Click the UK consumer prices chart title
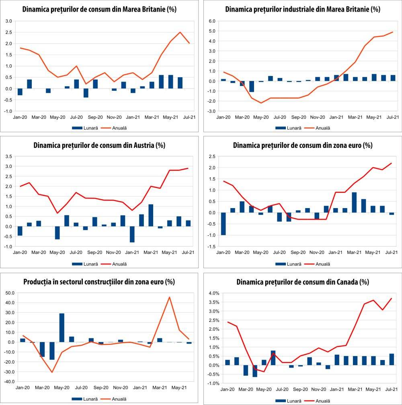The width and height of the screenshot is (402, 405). (99, 9)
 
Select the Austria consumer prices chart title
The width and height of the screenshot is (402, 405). (99, 145)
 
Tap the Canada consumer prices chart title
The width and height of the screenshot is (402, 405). (303, 282)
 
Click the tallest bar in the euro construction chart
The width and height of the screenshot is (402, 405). (62, 327)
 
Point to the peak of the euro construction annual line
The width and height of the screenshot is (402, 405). (170, 297)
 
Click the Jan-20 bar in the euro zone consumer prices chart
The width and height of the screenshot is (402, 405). (223, 224)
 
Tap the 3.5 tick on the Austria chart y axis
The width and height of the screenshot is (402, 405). (8, 156)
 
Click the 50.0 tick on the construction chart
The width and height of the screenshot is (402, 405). (9, 293)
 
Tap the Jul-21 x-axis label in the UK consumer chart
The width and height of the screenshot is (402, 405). (189, 117)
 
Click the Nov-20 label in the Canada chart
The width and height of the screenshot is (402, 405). (318, 390)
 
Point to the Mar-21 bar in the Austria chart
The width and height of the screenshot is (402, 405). (151, 215)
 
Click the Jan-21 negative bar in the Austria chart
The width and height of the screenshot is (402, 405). (132, 234)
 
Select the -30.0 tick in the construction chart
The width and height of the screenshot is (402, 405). (9, 372)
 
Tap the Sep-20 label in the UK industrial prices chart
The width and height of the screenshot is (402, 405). (299, 117)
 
